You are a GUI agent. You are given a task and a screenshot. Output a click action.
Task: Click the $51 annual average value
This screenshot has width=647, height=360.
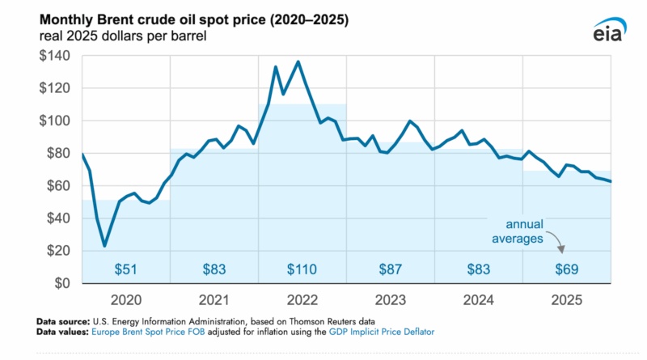[x=125, y=268]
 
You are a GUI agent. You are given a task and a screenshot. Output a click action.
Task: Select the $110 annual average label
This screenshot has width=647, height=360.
[x=302, y=268]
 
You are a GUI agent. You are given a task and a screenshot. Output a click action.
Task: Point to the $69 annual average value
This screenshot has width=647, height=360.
[x=566, y=268]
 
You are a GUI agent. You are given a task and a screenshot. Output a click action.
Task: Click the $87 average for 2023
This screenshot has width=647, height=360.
[x=391, y=268]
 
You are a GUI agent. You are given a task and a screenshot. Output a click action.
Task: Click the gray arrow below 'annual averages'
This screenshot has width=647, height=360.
[x=557, y=244]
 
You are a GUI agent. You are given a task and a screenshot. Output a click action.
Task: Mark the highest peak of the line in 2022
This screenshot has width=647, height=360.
[x=298, y=61]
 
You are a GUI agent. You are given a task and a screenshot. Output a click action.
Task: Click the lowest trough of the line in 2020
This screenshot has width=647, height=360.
[x=104, y=245]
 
